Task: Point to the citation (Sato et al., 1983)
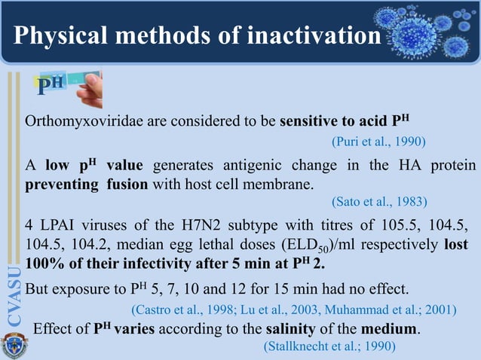click(379, 201)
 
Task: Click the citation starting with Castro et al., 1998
click(294, 310)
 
